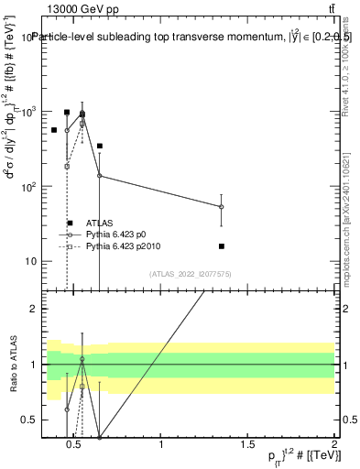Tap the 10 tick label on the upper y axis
(x=35, y=262)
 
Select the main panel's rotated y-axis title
(x=12, y=147)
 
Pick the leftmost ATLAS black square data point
(x=54, y=130)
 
